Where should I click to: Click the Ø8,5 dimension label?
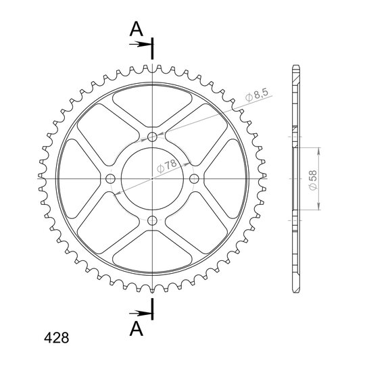(257, 95)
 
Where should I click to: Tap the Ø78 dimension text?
(167, 166)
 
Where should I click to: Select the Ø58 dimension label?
(313, 180)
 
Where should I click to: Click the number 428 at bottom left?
(57, 338)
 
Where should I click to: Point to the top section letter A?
(136, 29)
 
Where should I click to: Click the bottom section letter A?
(136, 329)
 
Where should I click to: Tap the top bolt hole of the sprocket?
(153, 137)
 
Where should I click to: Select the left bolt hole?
(110, 178)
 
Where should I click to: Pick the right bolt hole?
(194, 178)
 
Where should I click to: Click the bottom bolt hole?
(153, 220)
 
